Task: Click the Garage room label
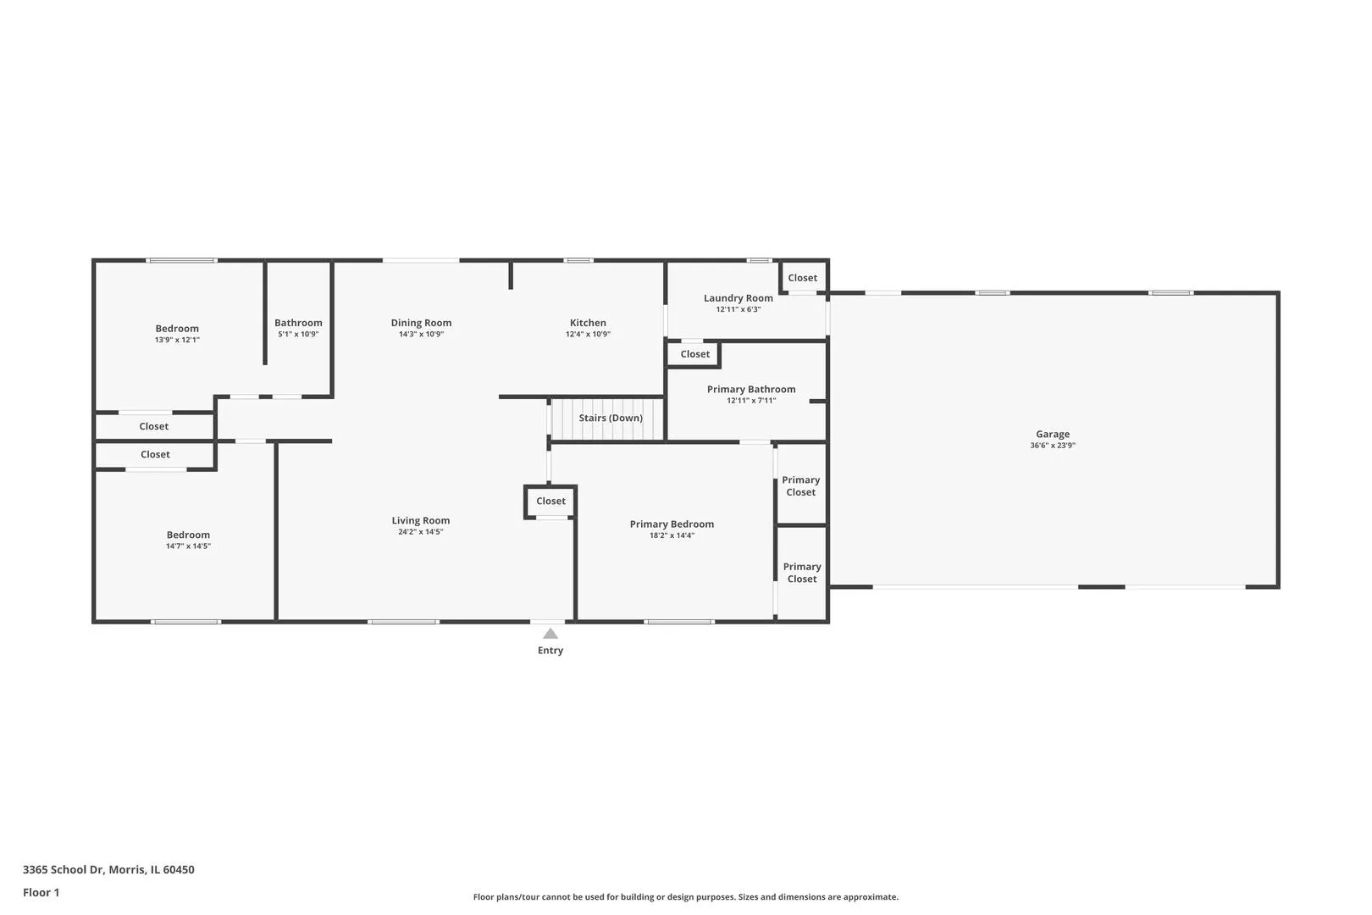click(x=1052, y=434)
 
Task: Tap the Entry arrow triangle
click(x=550, y=634)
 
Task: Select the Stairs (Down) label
click(x=611, y=418)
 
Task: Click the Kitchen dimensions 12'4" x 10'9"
click(x=588, y=334)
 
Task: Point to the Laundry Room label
click(x=738, y=298)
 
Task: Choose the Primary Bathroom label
click(x=751, y=389)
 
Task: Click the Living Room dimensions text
click(x=420, y=531)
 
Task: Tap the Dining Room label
click(x=422, y=323)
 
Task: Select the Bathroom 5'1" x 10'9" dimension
click(x=298, y=334)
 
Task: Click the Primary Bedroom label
click(x=672, y=524)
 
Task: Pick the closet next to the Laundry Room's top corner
click(x=802, y=278)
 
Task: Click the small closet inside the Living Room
click(x=550, y=502)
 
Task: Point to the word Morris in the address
click(x=127, y=869)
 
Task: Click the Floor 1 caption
click(x=41, y=892)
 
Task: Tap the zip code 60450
click(x=179, y=869)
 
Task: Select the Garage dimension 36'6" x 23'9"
click(x=1052, y=446)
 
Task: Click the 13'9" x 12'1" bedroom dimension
click(x=177, y=340)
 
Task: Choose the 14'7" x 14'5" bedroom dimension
click(x=188, y=546)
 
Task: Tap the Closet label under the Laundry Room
click(x=694, y=354)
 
